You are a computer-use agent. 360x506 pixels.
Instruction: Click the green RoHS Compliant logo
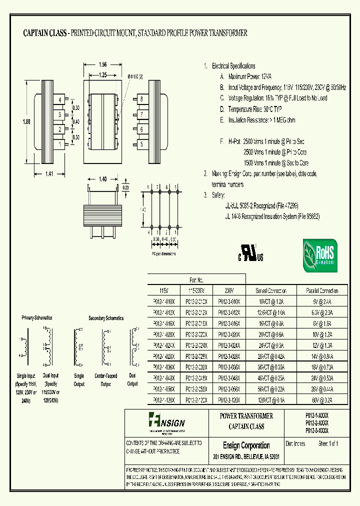(320, 255)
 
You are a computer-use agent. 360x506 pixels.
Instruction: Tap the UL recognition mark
(251, 255)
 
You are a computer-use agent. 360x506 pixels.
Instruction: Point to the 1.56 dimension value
(102, 64)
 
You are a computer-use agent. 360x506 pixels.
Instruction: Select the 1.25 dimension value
(102, 75)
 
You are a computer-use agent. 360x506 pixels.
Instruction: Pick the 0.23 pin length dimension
(125, 187)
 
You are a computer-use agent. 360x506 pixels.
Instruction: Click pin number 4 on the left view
(59, 100)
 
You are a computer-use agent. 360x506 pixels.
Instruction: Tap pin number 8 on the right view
(142, 99)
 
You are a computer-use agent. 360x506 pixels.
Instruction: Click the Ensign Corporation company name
(246, 445)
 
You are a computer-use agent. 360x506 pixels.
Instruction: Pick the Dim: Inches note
(296, 443)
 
